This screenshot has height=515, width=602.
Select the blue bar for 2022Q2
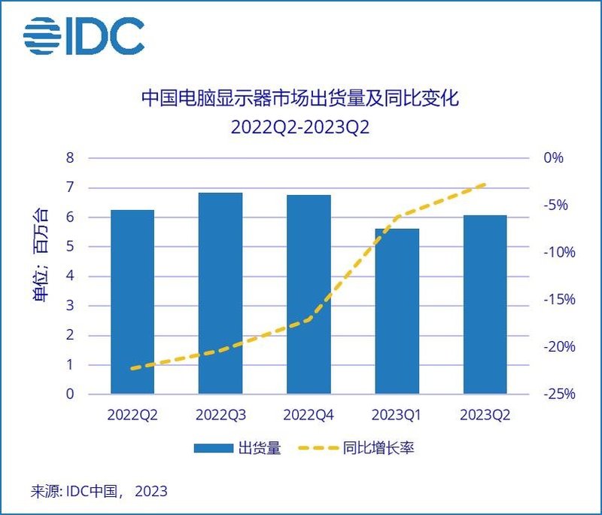(x=132, y=301)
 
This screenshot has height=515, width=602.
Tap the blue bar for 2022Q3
(x=220, y=294)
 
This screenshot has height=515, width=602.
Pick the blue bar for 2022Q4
(x=309, y=294)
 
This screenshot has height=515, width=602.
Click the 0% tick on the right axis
(x=554, y=158)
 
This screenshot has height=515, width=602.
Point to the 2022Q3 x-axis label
(x=220, y=415)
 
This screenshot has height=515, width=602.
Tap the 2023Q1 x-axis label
(x=397, y=415)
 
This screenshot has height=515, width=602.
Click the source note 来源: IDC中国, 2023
(x=99, y=492)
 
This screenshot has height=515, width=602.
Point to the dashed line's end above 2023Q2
(x=485, y=184)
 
